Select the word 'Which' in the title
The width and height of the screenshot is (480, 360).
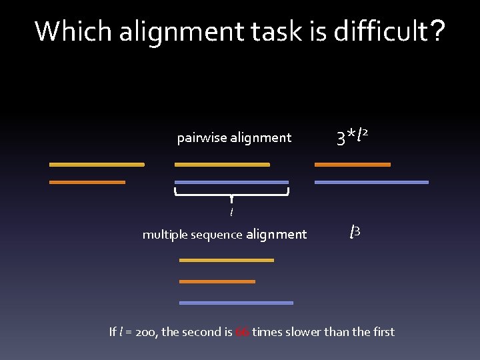[73, 31]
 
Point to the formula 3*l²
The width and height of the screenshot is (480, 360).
[353, 137]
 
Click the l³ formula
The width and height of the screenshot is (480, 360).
[355, 233]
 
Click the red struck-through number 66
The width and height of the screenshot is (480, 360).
[242, 332]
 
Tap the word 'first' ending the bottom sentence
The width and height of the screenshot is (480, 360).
[383, 332]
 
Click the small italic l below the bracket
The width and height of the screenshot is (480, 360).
[231, 213]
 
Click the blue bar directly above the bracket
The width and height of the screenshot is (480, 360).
[231, 182]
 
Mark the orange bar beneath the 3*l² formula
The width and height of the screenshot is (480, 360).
[352, 164]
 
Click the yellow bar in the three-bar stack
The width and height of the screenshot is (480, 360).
[227, 260]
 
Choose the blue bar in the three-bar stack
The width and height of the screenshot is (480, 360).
[236, 303]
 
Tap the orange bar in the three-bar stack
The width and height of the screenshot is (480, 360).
[217, 281]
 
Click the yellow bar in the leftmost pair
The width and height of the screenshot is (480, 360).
[97, 164]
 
